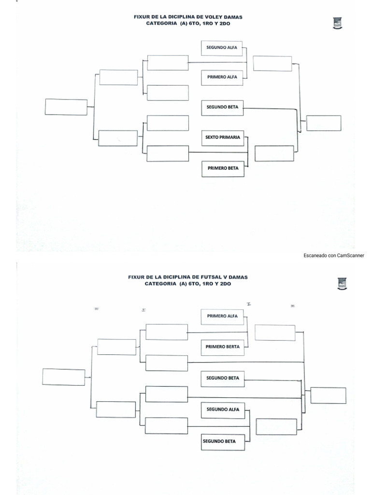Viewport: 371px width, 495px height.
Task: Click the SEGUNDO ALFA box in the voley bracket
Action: tap(223, 48)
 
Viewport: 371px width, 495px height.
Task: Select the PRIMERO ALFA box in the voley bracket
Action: tap(223, 77)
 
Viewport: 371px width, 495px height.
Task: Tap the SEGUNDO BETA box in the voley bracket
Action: tap(223, 107)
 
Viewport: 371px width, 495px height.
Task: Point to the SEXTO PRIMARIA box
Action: tap(223, 137)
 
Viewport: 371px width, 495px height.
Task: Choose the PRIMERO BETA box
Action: tap(223, 169)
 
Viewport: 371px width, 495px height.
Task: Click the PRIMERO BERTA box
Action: tap(223, 347)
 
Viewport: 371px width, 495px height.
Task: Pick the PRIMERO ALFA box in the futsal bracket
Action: tap(223, 316)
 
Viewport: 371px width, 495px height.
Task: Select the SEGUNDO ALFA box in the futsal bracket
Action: tap(223, 409)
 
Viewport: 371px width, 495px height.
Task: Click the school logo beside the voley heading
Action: tap(337, 23)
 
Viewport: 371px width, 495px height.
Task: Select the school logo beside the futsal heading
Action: tap(342, 284)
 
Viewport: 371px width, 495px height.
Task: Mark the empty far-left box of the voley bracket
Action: tap(66, 107)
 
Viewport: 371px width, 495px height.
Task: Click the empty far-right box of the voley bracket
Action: tap(324, 123)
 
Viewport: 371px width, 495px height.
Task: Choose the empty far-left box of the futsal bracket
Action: tap(63, 377)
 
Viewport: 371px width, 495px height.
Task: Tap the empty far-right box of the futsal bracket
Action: tap(328, 395)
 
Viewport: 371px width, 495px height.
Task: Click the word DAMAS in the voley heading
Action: tap(232, 17)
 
